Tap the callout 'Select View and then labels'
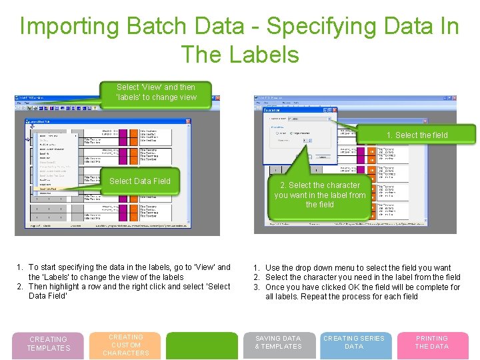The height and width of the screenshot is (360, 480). (x=156, y=92)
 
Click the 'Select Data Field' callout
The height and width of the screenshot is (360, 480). (x=139, y=181)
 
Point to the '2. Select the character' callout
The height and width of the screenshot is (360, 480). (x=319, y=195)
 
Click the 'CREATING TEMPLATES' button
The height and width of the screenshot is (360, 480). (x=48, y=344)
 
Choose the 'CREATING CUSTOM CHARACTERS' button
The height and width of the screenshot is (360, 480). (x=126, y=345)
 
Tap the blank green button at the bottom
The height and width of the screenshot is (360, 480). (x=201, y=345)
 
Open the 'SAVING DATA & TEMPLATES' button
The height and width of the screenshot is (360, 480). (x=278, y=343)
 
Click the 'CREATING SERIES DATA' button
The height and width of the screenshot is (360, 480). (x=354, y=343)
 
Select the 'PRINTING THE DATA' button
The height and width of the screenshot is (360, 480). (x=432, y=343)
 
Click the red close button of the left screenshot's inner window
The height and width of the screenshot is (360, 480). (x=189, y=122)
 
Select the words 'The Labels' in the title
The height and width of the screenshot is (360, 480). (x=239, y=54)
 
